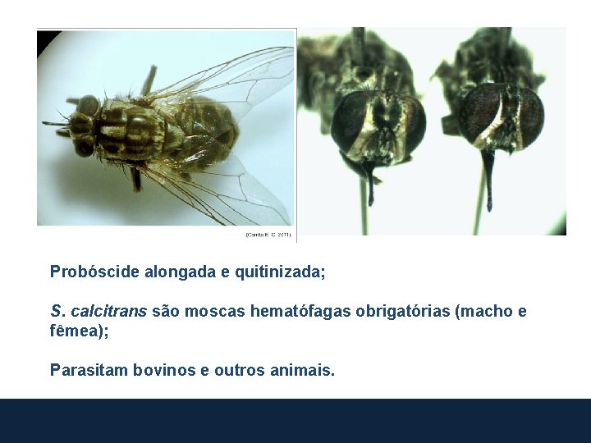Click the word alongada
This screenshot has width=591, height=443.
tap(180, 272)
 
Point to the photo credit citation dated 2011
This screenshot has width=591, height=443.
tap(268, 235)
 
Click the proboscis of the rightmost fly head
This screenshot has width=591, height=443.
tap(489, 176)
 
